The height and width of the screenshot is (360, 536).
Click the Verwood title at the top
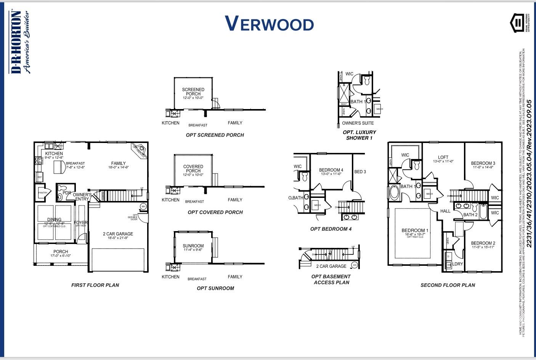(269, 24)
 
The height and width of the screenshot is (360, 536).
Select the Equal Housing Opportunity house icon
(517, 23)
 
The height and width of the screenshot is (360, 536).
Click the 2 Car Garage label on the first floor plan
(118, 234)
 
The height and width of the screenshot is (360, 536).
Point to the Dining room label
(54, 220)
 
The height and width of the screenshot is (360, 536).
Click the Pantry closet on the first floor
(43, 193)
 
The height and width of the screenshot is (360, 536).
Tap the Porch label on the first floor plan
(61, 251)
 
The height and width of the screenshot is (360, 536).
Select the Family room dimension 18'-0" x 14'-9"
(118, 167)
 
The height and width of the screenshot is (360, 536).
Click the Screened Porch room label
(193, 92)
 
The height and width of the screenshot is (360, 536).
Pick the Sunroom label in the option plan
(193, 246)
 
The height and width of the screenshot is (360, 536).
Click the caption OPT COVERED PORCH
(215, 212)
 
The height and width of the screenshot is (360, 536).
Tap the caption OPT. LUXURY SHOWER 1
(359, 135)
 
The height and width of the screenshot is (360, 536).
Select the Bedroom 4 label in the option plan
(331, 170)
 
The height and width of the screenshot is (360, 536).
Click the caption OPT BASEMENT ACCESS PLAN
(331, 279)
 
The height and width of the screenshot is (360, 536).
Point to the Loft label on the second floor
(443, 157)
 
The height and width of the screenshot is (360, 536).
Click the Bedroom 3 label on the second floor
(483, 163)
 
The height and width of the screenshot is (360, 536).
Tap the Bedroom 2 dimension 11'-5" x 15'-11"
(483, 247)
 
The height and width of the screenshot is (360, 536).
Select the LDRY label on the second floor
(457, 264)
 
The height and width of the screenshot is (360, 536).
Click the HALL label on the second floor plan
(445, 211)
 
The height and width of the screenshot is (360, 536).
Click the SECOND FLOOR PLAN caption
(448, 285)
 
